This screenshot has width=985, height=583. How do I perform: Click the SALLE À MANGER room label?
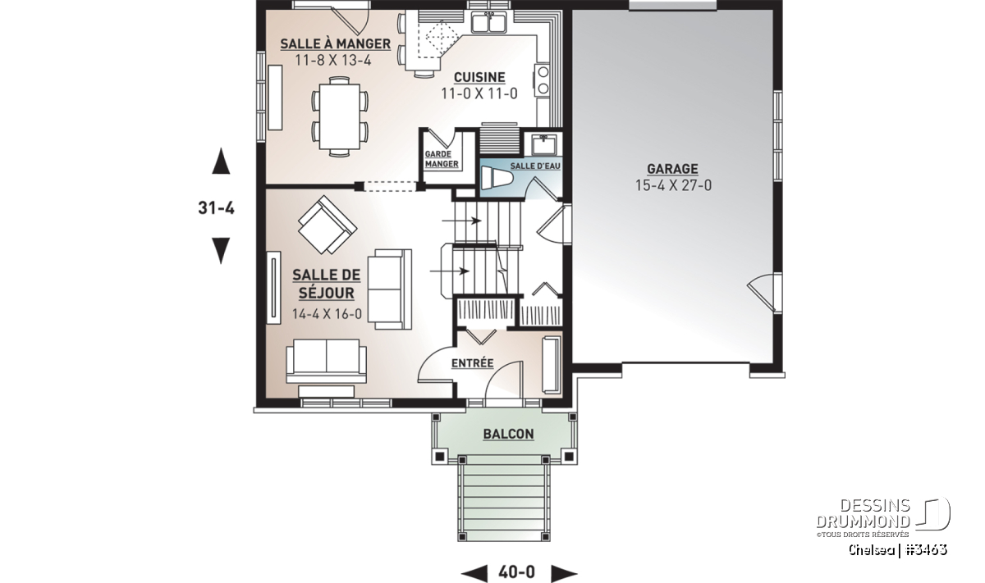[x=336, y=44]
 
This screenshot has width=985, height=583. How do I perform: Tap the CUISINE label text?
[x=479, y=77]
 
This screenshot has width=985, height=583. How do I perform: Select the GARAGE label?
[x=672, y=169]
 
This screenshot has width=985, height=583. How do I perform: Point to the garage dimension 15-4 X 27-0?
[x=673, y=185]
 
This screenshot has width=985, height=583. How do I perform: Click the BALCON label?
[x=508, y=434]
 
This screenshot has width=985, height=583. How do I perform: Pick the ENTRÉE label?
[x=473, y=363]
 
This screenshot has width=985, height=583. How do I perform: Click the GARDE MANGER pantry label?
[x=442, y=159]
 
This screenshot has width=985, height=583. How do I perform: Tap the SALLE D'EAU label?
[x=535, y=166]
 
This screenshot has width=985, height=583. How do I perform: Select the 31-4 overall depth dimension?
[x=217, y=207]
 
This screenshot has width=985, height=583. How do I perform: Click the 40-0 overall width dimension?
[x=516, y=572]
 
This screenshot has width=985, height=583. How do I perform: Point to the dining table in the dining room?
[x=340, y=117]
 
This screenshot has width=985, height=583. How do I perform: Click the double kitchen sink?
[x=488, y=22]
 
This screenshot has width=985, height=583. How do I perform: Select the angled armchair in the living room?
[x=328, y=225]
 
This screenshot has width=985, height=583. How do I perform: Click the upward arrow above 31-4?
[x=221, y=161]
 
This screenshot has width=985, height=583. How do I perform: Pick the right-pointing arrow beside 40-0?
[x=564, y=573]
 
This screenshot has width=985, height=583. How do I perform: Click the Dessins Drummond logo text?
[x=863, y=513]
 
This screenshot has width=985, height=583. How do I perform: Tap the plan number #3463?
[x=926, y=550]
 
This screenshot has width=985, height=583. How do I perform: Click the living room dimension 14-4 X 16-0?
[x=327, y=314]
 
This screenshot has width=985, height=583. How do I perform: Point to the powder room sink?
[x=544, y=144]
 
